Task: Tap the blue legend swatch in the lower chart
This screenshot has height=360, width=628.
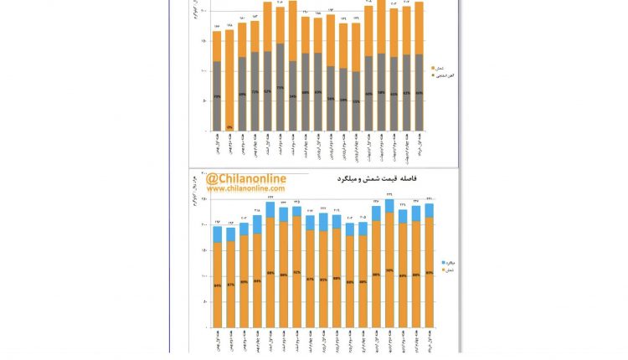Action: pyautogui.click(x=443, y=263)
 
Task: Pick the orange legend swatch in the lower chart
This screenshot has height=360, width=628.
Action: pyautogui.click(x=443, y=270)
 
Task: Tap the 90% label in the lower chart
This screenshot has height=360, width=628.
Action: pyautogui.click(x=389, y=270)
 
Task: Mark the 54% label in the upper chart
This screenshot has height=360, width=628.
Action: pyautogui.click(x=292, y=96)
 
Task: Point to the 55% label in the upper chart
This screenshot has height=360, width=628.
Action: pyautogui.click(x=357, y=101)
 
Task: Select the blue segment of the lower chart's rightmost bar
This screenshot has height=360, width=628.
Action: pyautogui.click(x=430, y=210)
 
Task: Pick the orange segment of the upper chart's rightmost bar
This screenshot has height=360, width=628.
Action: pyautogui.click(x=420, y=29)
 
